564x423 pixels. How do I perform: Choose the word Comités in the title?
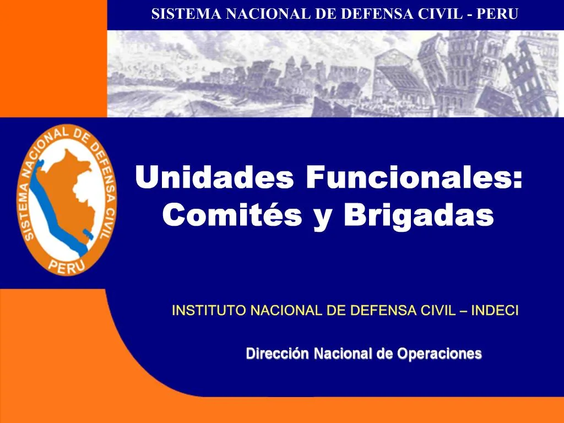(x=232, y=214)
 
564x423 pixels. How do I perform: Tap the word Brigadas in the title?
(x=418, y=214)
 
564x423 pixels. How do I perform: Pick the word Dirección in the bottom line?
(x=278, y=354)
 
